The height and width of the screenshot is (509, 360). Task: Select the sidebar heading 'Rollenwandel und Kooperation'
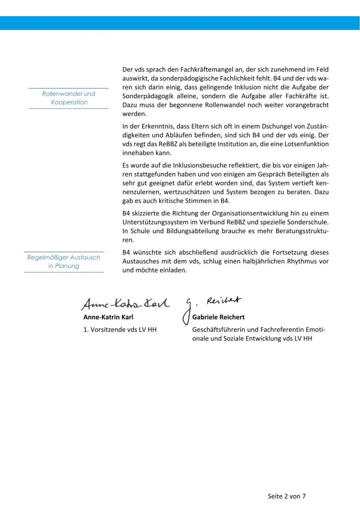click(x=69, y=98)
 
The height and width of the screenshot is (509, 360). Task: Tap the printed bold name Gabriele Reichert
click(x=221, y=316)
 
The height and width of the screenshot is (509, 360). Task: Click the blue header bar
click(x=180, y=22)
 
